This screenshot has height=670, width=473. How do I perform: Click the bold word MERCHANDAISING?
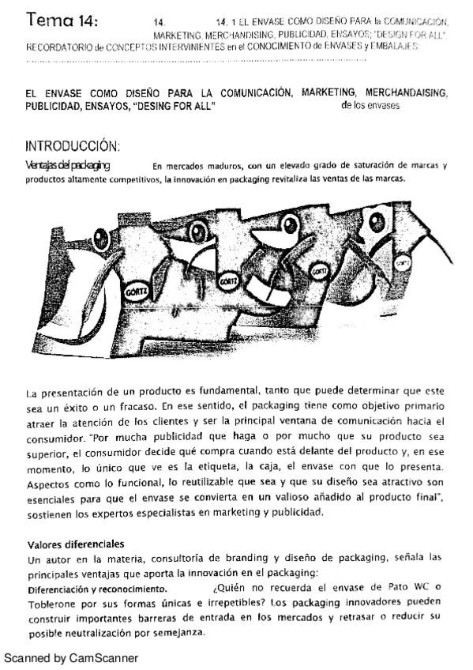405,94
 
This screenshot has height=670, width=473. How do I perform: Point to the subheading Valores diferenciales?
76,544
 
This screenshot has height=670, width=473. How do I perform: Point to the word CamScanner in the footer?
103,657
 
